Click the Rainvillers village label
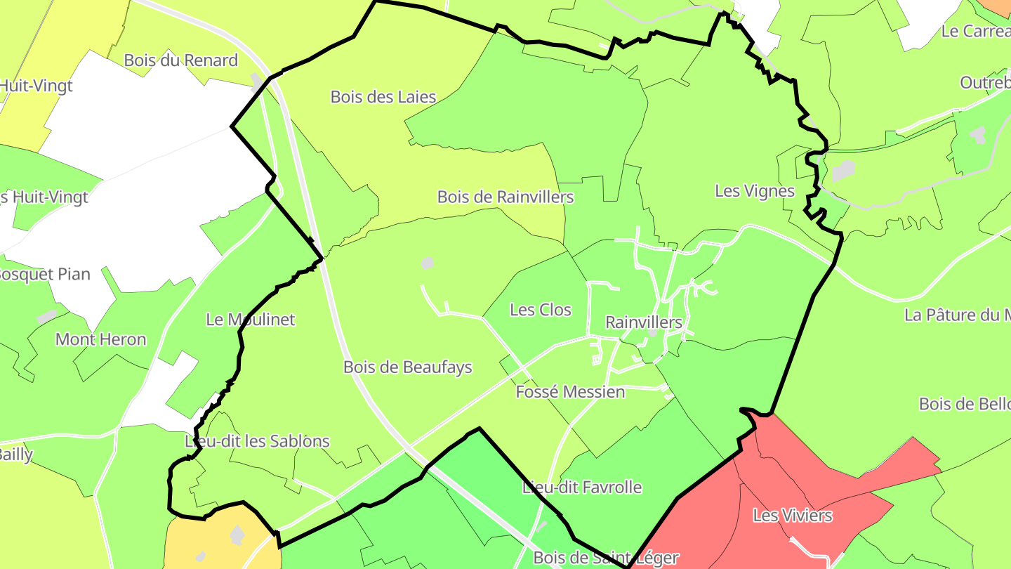click(643, 322)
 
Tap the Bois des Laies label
click(383, 97)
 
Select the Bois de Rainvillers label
click(505, 197)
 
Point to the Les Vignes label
click(755, 190)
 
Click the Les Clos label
click(541, 310)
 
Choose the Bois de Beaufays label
click(408, 367)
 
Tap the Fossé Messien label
click(570, 391)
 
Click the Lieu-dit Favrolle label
click(582, 487)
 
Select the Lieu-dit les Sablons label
click(257, 441)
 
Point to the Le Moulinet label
click(251, 320)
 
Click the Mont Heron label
click(101, 339)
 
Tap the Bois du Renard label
click(181, 60)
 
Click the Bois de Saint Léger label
click(606, 558)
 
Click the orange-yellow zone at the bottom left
click(204, 544)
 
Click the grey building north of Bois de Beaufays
click(427, 263)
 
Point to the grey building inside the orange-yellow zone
click(237, 536)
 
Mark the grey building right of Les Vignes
click(843, 171)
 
